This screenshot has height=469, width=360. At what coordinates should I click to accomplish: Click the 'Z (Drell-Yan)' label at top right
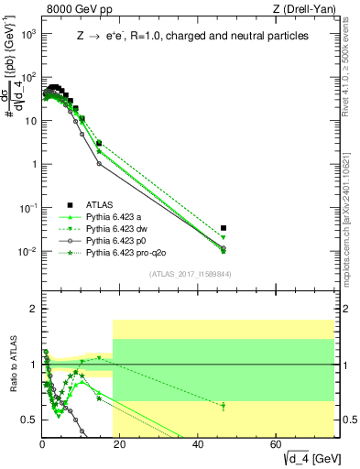point(309,10)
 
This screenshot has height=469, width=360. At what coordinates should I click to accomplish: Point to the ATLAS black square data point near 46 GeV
point(224,228)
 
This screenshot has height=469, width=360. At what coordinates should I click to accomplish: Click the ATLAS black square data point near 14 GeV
point(99,143)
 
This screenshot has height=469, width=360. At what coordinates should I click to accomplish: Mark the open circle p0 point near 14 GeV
point(99,163)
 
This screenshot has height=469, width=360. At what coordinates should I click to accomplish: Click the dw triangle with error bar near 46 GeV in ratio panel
point(224,406)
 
